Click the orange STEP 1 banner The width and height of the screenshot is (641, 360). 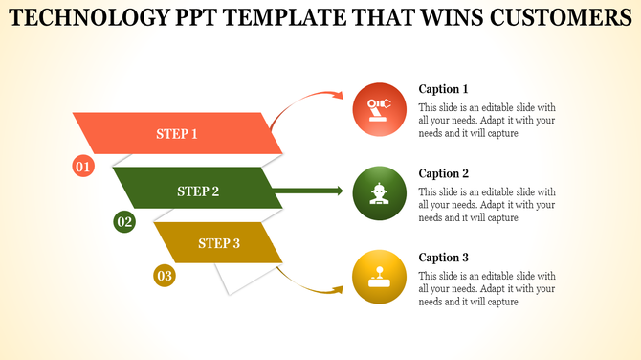177,134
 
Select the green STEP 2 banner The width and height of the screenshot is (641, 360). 198,191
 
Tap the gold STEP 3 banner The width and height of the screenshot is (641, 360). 219,243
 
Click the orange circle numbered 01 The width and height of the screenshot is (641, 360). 83,167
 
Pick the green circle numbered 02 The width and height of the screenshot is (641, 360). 124,222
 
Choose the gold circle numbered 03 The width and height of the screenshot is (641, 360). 165,277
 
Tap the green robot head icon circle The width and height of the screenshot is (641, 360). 379,191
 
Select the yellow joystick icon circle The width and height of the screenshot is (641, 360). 379,277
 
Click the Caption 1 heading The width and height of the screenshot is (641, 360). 444,89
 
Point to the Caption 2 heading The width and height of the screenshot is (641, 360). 444,173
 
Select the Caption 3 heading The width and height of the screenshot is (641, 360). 444,258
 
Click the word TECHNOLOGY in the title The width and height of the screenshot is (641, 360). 91,18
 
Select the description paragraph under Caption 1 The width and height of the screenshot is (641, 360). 487,121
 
